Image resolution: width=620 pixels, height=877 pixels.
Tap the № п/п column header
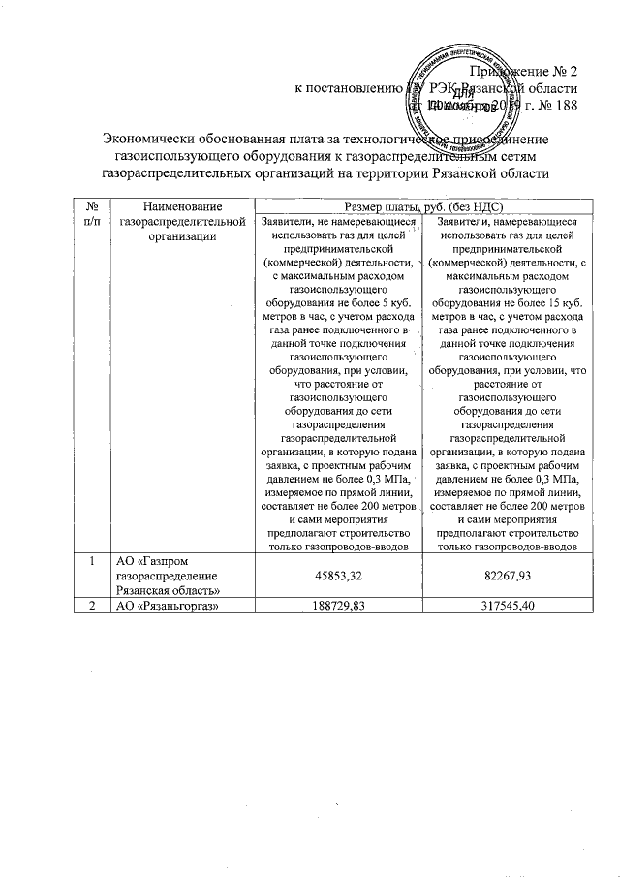pos(90,213)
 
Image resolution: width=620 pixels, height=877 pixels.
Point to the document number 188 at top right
pos(564,105)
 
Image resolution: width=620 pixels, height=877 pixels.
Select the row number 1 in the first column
pos(90,560)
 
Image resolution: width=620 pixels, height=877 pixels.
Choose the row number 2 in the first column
pos(90,608)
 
